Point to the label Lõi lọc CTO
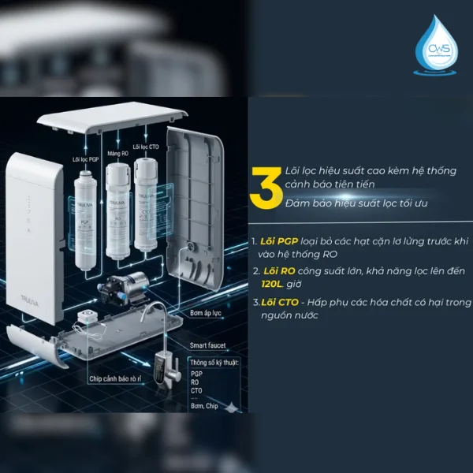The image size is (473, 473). click(x=146, y=147)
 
